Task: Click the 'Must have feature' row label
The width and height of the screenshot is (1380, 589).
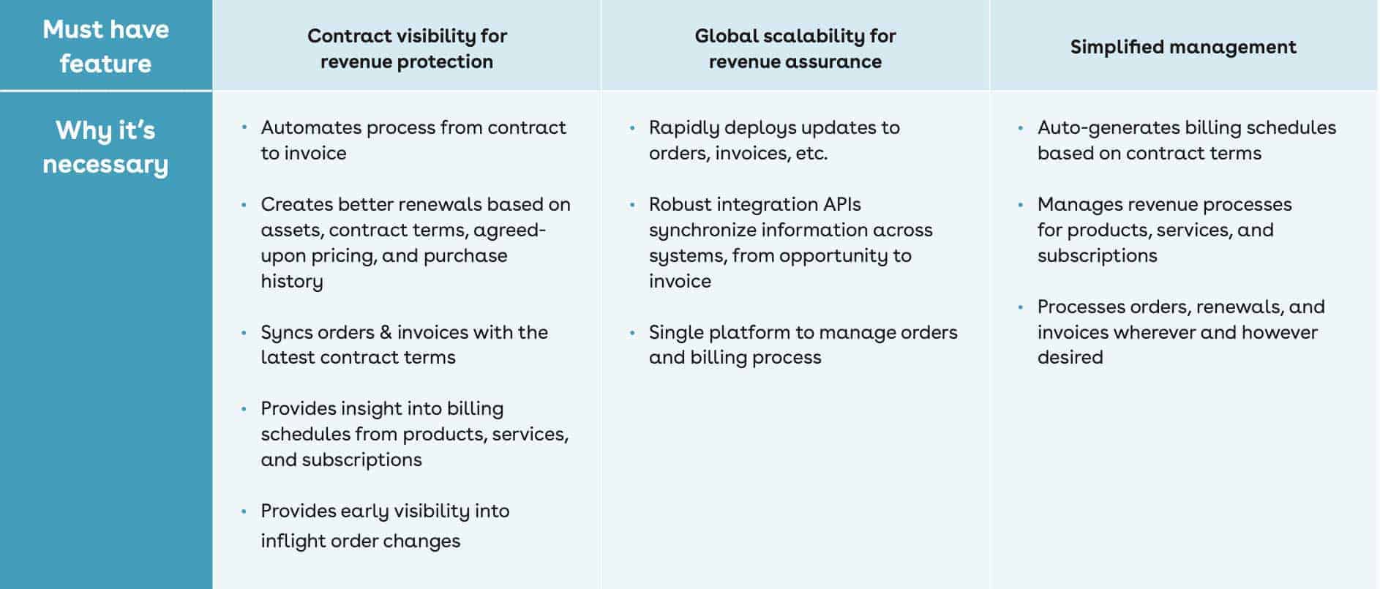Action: click(x=106, y=46)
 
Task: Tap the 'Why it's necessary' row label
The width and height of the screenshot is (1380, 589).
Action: click(x=106, y=147)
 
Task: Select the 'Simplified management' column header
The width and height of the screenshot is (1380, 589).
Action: click(x=1183, y=47)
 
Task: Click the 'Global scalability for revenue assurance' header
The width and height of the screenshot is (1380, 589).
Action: click(x=795, y=48)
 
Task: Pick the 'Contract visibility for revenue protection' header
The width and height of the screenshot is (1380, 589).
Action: click(x=407, y=48)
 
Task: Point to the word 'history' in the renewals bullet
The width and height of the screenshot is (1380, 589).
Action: click(x=292, y=282)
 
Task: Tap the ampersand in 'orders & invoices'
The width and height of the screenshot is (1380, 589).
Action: click(x=386, y=332)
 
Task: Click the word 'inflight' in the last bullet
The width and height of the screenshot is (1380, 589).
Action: click(x=293, y=541)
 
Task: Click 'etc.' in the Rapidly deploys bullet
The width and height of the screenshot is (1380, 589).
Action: click(x=811, y=154)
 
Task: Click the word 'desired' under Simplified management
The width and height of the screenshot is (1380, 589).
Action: click(x=1070, y=357)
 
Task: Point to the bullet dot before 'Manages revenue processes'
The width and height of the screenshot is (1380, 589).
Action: click(x=1021, y=204)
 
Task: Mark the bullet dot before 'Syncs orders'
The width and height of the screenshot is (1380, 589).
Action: click(x=244, y=332)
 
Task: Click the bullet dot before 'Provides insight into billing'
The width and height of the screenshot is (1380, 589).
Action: click(x=244, y=408)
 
